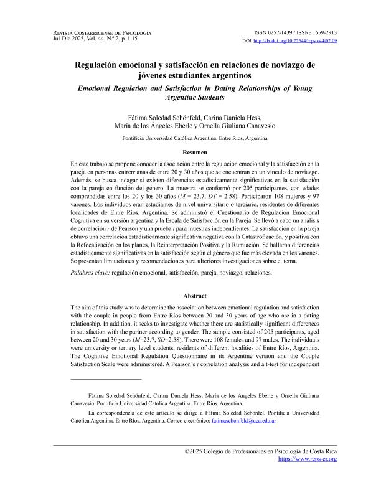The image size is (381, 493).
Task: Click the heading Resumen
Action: pyautogui.click(x=190, y=151)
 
